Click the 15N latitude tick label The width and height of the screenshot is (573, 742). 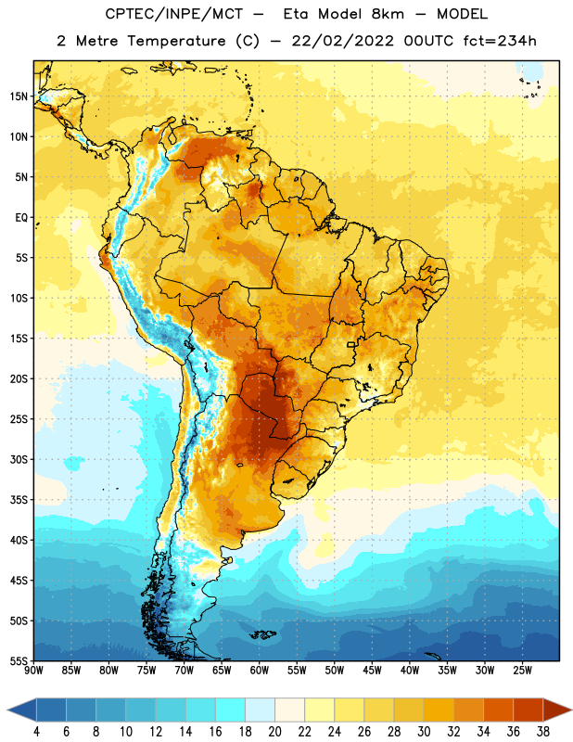coord(19,96)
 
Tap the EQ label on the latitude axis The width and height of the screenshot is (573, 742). coord(21,218)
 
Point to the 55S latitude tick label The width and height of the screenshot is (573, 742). coord(19,660)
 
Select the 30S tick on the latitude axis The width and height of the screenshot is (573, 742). coord(19,459)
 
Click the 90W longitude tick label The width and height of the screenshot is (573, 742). coord(33,670)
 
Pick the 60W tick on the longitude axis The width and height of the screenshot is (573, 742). coord(260,670)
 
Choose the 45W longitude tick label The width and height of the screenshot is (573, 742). coord(372,670)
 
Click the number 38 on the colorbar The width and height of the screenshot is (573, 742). coord(543,732)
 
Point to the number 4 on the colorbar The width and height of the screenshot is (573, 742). coord(36,732)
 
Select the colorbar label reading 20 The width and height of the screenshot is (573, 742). coord(274,732)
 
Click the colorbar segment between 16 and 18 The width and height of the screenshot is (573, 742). coord(231,710)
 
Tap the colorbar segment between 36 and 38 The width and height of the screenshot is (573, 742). coord(528,710)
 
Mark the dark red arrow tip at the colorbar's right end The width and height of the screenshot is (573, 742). coord(571,710)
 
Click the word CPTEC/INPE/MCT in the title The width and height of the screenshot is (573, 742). coord(173,14)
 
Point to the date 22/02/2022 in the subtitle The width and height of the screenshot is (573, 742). coord(342,41)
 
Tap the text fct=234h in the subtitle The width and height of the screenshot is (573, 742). coord(500,41)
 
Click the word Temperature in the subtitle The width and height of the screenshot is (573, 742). coord(176,42)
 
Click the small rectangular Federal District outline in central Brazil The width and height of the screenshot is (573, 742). coord(351,344)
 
